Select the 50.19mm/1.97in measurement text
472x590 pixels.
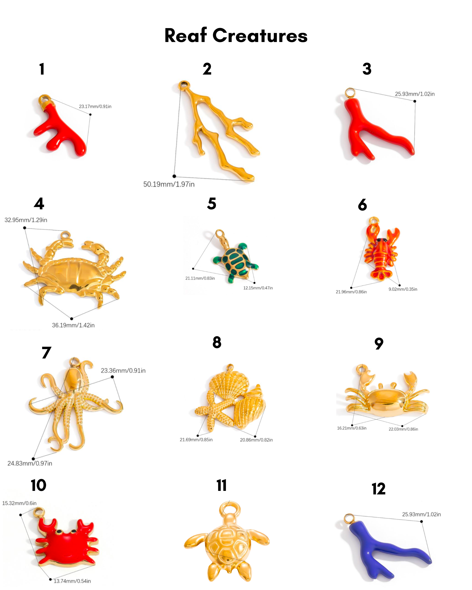pyautogui.click(x=169, y=184)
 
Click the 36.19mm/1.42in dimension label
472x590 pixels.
pyautogui.click(x=73, y=325)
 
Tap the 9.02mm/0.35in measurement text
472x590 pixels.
pyautogui.click(x=403, y=289)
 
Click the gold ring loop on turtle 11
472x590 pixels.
pyautogui.click(x=230, y=509)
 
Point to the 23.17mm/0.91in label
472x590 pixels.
pyautogui.click(x=95, y=106)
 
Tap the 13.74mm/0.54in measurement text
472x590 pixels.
pyautogui.click(x=72, y=581)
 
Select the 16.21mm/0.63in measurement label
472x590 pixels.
pyautogui.click(x=352, y=428)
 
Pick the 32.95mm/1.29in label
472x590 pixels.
pyautogui.click(x=26, y=220)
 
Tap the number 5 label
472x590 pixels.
pyautogui.click(x=211, y=204)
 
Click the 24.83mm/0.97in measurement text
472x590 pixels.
pyautogui.click(x=30, y=463)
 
